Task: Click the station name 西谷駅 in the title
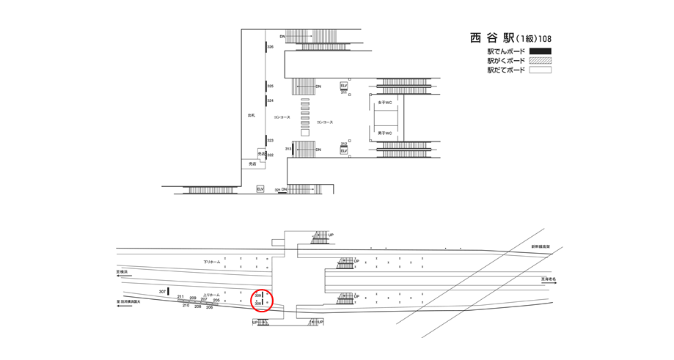492,38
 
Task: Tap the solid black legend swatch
540,51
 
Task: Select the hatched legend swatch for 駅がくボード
540,61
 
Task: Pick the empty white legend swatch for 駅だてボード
540,70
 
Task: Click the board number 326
271,47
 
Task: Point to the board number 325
271,86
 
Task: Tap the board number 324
271,100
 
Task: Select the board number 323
271,140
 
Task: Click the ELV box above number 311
343,86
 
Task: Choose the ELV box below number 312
343,151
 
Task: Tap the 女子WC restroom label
385,103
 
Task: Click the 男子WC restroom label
385,133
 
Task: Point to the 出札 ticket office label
251,115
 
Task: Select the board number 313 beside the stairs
288,149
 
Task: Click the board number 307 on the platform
162,292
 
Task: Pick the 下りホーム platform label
211,262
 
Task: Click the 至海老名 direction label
549,279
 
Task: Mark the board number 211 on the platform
180,296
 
